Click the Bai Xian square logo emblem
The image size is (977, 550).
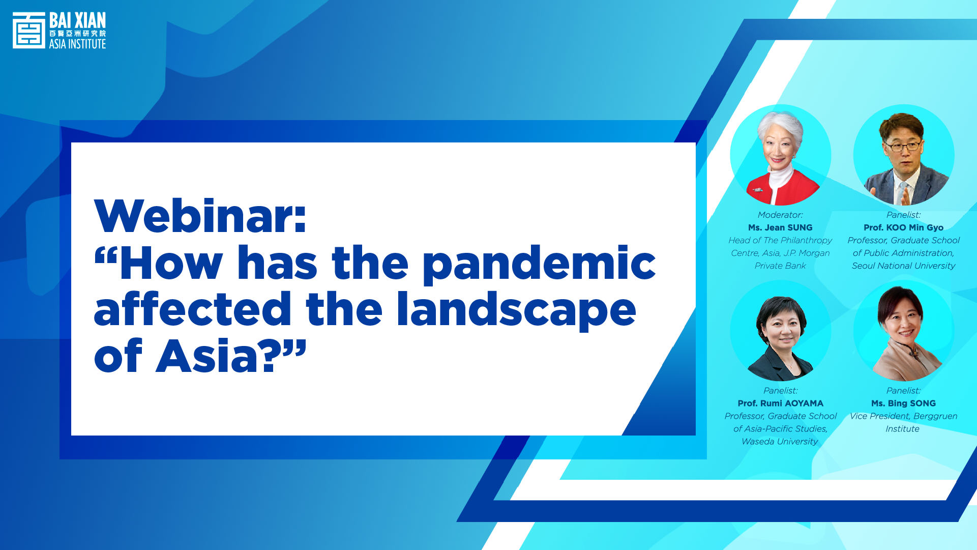[x=29, y=31]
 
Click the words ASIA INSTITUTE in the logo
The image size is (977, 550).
[x=77, y=44]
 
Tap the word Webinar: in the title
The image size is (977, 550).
[x=200, y=216]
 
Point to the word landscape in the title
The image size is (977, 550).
[x=516, y=310]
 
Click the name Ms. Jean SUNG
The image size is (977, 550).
[x=780, y=227]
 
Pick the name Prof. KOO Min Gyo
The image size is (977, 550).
[x=903, y=227]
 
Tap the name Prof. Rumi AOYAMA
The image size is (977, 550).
[x=780, y=403]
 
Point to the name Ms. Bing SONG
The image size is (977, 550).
[x=903, y=403]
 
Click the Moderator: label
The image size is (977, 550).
[x=780, y=215]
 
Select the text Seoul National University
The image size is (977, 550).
[x=903, y=266]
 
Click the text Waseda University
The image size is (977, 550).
[x=780, y=441]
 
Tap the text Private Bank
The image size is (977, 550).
[x=780, y=266]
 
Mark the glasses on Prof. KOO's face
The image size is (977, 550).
[x=903, y=147]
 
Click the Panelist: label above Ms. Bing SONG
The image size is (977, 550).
[x=903, y=390]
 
